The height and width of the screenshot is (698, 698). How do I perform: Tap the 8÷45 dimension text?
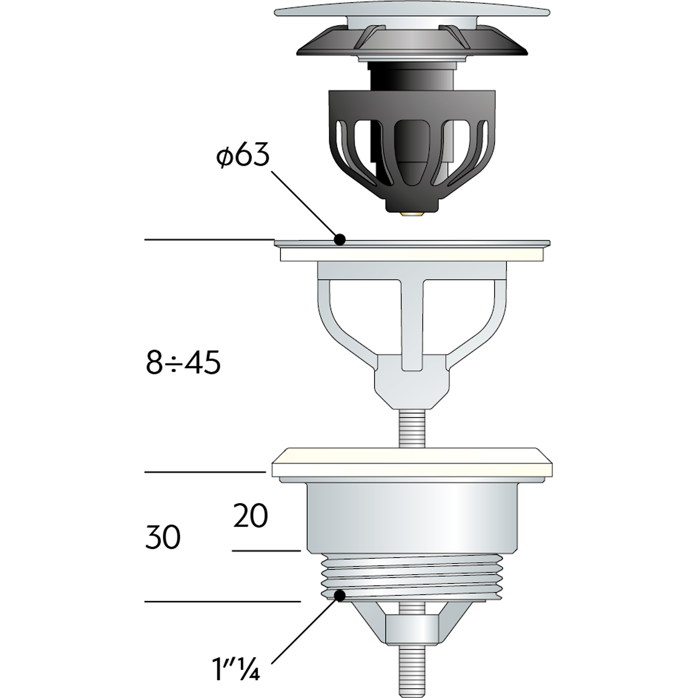click(183, 363)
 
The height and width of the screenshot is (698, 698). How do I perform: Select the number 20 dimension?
click(251, 516)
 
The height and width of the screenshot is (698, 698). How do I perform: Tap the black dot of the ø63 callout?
click(339, 239)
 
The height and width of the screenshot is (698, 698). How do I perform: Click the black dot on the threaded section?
click(339, 595)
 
